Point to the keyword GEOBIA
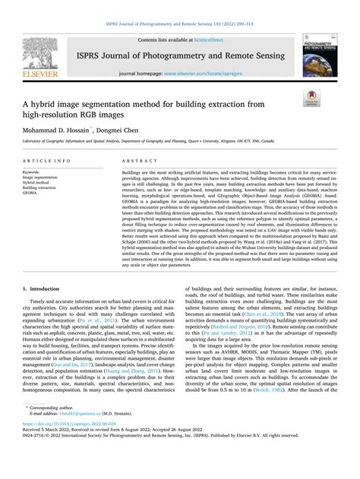coord(33,193)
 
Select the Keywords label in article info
coord(33,172)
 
